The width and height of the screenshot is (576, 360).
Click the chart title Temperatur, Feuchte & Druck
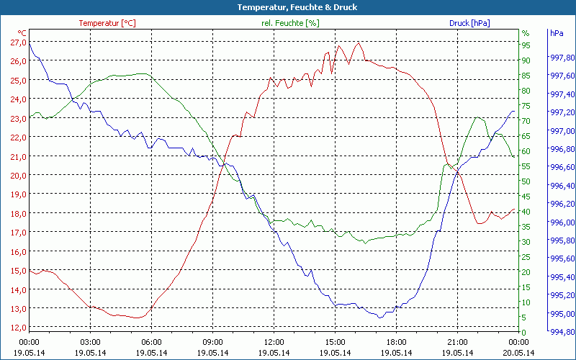[287, 7]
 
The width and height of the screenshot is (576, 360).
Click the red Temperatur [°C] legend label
[107, 23]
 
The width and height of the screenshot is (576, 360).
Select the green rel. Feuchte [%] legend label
[290, 23]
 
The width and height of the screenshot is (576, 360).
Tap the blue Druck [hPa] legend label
[469, 23]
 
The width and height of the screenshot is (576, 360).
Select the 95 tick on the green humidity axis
[526, 45]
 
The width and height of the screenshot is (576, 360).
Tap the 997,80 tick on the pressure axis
[562, 58]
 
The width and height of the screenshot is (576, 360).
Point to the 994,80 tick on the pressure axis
[562, 332]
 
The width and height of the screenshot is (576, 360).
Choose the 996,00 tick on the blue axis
[562, 222]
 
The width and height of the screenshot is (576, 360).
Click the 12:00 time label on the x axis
[274, 342]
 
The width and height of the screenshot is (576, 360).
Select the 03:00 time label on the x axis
[91, 342]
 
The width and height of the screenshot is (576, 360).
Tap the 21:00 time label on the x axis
[458, 342]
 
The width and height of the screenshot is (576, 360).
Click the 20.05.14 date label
[519, 352]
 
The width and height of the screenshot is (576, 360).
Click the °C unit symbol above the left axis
[22, 33]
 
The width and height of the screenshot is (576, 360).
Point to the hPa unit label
[557, 33]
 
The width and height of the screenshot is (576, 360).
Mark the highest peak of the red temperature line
[359, 42]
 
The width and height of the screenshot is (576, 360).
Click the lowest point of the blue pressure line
[380, 317]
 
